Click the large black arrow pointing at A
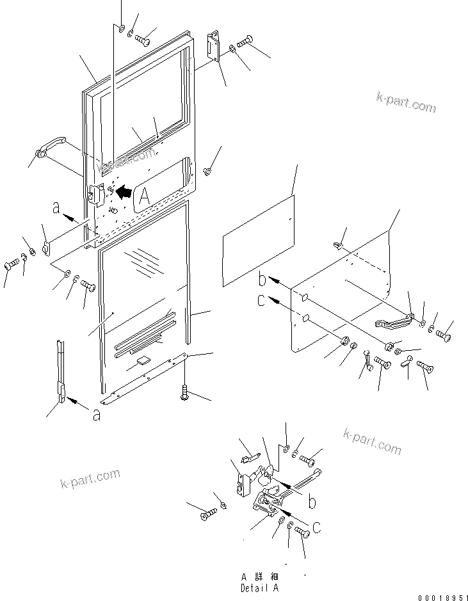(x=125, y=191)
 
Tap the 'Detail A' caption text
(x=259, y=588)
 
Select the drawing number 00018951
(x=441, y=597)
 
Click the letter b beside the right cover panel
(x=262, y=279)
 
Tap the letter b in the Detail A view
(x=312, y=502)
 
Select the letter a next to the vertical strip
(x=96, y=415)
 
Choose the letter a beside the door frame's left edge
(x=57, y=208)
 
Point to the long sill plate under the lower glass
(x=147, y=378)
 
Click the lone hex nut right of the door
(x=207, y=171)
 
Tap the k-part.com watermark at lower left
(x=90, y=477)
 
